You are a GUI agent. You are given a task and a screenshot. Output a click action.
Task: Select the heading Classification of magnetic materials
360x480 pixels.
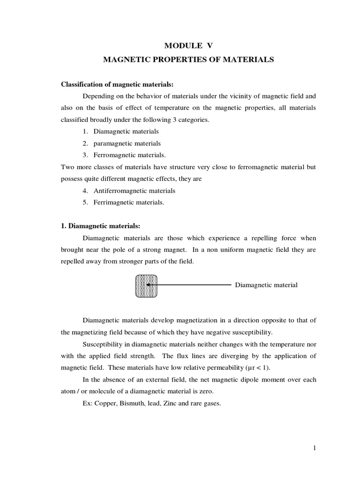(118, 84)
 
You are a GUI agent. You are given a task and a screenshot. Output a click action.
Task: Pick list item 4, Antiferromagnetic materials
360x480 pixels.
(134, 191)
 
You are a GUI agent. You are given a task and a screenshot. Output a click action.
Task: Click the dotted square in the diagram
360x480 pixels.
(146, 285)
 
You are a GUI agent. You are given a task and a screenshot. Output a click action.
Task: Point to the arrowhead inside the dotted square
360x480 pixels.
(148, 285)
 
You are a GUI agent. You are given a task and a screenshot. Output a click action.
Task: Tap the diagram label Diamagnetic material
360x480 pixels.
(266, 285)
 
